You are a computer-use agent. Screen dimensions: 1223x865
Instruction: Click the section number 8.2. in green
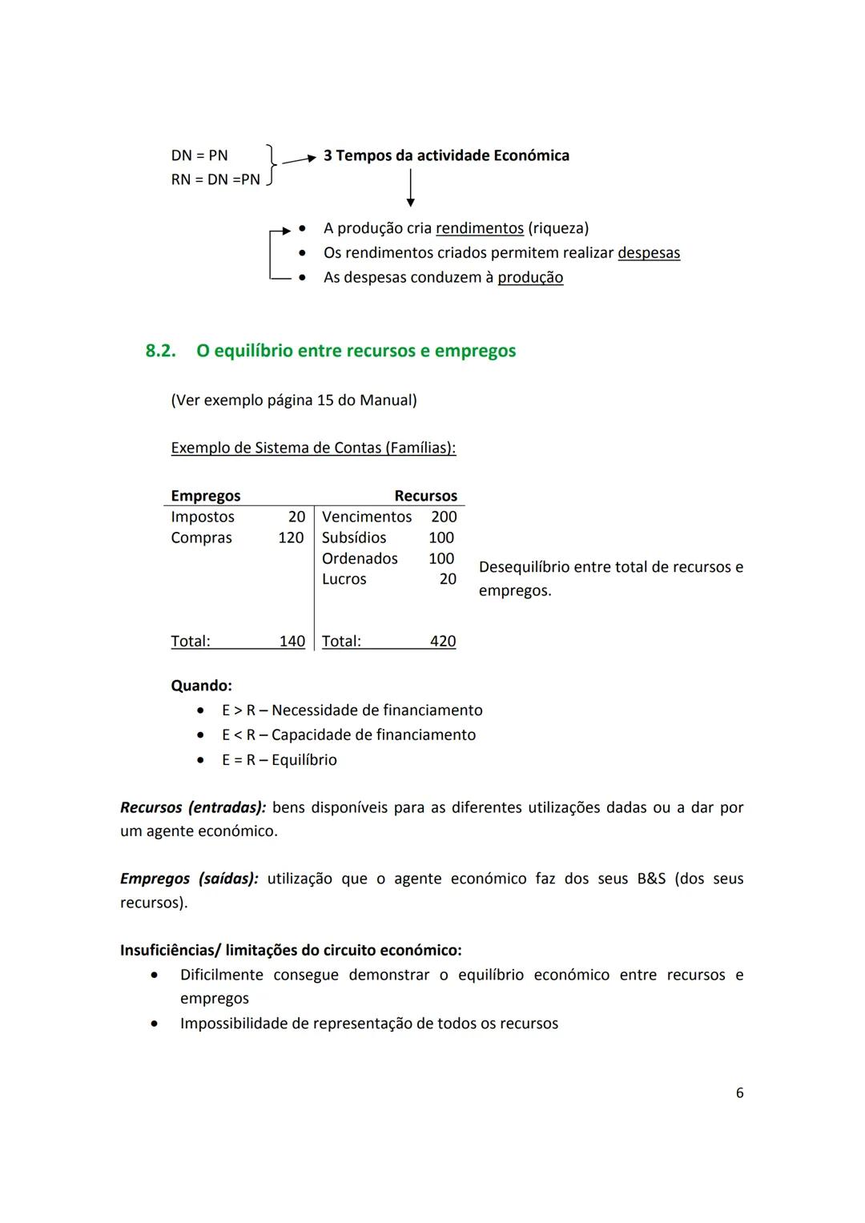(160, 351)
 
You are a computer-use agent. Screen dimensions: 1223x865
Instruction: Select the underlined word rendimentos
(479, 228)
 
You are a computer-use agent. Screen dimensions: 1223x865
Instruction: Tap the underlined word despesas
(648, 253)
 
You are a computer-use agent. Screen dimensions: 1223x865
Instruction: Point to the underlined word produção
(530, 278)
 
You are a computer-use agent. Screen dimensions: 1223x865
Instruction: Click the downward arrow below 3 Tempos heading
(410, 189)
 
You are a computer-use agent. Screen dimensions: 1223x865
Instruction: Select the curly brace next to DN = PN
(272, 167)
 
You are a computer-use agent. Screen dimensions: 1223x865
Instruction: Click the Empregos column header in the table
(205, 496)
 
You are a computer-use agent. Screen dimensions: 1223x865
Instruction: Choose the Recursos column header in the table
(425, 496)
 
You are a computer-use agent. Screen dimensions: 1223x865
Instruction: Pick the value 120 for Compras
(291, 537)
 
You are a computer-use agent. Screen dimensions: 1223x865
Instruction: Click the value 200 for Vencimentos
(444, 517)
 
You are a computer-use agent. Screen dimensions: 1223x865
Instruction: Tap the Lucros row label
(344, 579)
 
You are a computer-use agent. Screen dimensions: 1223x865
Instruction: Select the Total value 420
(442, 641)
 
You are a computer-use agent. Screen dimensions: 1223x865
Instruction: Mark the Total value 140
(292, 641)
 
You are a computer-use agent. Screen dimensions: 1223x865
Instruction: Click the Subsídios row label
(353, 537)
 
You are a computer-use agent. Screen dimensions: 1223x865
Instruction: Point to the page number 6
(739, 1092)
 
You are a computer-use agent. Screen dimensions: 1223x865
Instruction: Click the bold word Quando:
(201, 686)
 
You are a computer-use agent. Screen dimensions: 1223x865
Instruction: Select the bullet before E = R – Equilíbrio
(200, 760)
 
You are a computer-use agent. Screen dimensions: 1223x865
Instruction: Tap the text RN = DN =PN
(215, 179)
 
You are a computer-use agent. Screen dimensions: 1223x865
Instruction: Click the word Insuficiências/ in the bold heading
(170, 950)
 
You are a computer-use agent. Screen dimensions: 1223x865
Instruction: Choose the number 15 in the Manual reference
(325, 400)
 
